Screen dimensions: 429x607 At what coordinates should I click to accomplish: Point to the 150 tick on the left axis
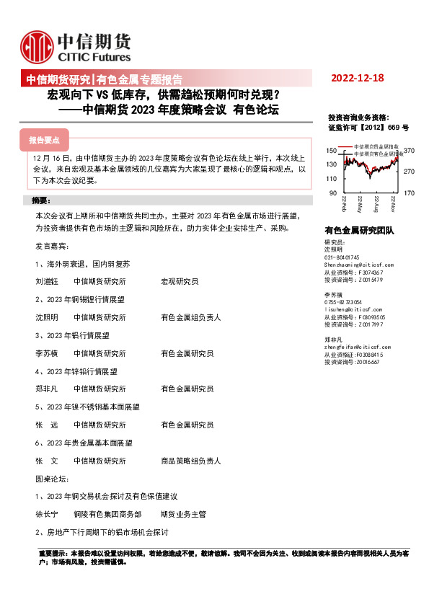click(x=332, y=151)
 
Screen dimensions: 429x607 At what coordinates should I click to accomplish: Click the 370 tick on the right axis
click(x=409, y=151)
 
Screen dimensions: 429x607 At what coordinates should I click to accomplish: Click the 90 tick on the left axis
click(x=334, y=193)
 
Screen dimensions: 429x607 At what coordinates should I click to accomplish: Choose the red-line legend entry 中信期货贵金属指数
click(x=378, y=147)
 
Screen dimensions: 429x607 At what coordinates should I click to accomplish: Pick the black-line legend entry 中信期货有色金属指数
click(x=379, y=154)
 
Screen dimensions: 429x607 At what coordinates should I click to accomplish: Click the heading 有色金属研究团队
click(x=359, y=231)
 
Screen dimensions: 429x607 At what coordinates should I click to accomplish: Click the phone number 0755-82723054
click(x=343, y=302)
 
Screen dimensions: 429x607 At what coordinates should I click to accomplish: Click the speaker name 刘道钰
click(x=46, y=280)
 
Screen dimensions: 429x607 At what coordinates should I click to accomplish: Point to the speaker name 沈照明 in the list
click(x=46, y=316)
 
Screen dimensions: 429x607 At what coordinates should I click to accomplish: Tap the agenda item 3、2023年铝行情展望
click(x=72, y=335)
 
